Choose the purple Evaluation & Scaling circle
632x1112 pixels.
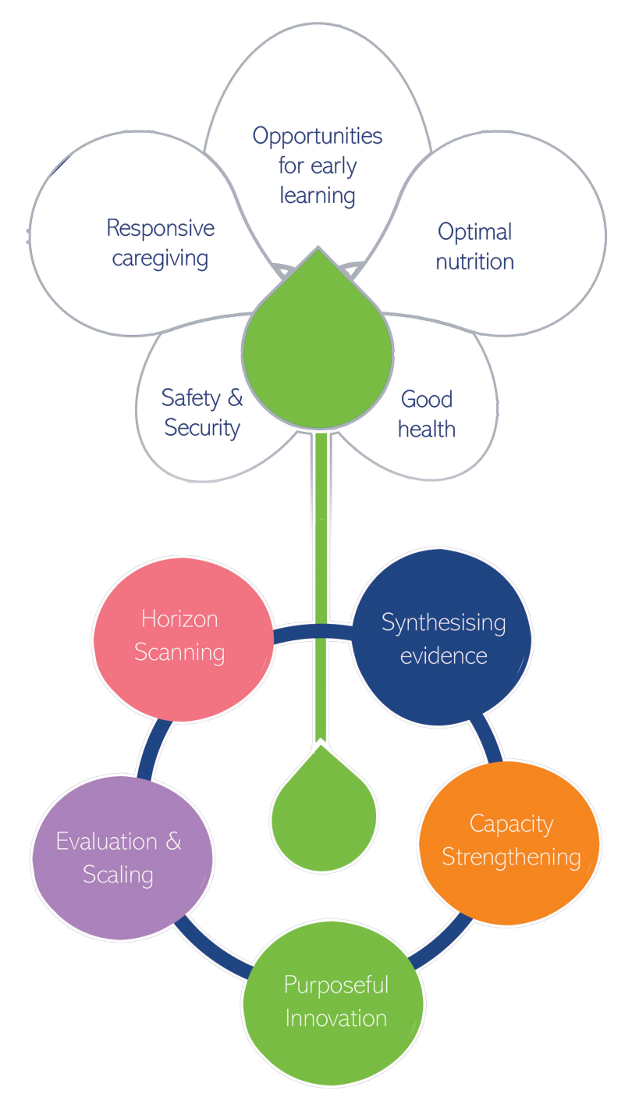pos(121,857)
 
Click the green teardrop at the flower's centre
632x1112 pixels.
pos(318,355)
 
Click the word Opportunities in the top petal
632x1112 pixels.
pos(318,136)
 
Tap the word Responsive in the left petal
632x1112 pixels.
pos(160,228)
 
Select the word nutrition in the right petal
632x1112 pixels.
pos(474,262)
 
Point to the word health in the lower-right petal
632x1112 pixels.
pos(427,429)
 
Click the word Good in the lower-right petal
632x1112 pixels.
pos(426,399)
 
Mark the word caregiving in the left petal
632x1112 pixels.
pos(160,258)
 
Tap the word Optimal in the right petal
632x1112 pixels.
pos(474,231)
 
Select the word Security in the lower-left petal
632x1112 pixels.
pos(201,428)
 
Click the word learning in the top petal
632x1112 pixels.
pos(318,195)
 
